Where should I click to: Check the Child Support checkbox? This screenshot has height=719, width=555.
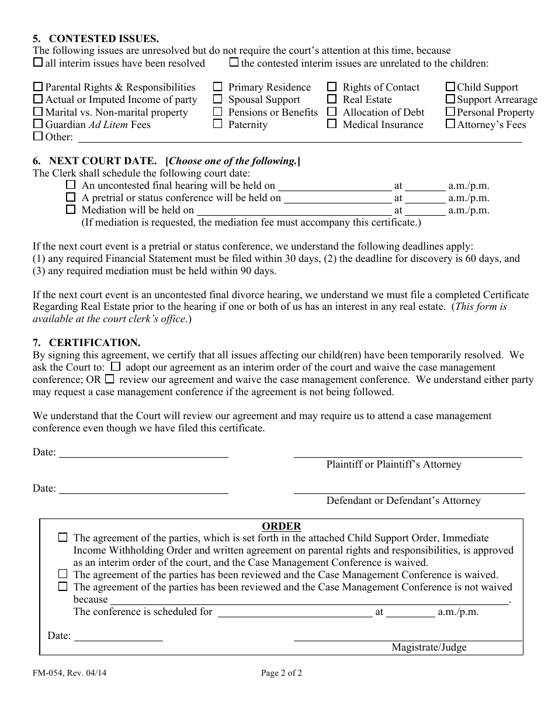click(x=450, y=87)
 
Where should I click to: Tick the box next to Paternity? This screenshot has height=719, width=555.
click(x=218, y=124)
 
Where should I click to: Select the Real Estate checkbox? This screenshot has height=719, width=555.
click(x=332, y=99)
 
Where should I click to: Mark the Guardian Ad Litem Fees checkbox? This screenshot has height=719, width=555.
click(x=38, y=124)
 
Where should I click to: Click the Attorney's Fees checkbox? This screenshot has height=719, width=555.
click(x=450, y=124)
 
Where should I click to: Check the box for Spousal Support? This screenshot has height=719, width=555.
click(x=218, y=99)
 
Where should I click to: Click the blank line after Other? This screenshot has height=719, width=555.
click(x=300, y=138)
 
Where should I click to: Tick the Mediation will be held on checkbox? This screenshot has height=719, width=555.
click(x=71, y=209)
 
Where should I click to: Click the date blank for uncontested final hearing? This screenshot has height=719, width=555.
click(x=334, y=186)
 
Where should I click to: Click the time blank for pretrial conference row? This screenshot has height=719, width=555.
click(x=425, y=199)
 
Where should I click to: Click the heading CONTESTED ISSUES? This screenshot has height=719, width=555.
click(x=103, y=39)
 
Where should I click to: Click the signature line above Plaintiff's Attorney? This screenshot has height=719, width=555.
click(x=407, y=454)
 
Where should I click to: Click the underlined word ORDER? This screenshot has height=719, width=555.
click(x=281, y=526)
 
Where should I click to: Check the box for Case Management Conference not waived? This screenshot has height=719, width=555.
click(x=63, y=586)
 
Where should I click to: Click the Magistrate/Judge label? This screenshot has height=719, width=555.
click(x=429, y=647)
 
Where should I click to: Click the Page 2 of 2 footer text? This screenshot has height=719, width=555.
click(x=282, y=673)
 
